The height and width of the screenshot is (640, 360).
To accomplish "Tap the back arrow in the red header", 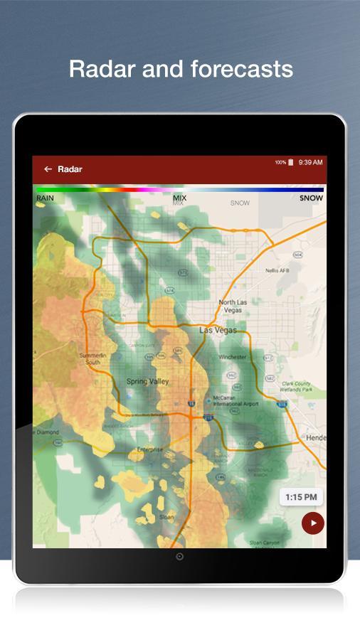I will tap(48, 169).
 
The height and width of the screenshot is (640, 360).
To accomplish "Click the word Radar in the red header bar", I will tap(70, 169).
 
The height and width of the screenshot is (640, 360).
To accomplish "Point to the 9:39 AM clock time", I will tap(311, 162).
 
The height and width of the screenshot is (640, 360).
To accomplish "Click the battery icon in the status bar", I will tap(291, 162).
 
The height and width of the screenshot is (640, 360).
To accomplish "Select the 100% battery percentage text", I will tap(280, 162).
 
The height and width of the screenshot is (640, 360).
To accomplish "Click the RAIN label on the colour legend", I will tap(45, 198).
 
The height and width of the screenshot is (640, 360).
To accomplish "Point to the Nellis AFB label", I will tap(277, 271).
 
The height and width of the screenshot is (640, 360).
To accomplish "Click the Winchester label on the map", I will tap(233, 357).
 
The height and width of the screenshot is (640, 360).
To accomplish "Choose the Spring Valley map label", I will tap(147, 382).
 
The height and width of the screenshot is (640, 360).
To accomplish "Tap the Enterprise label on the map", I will tap(149, 449).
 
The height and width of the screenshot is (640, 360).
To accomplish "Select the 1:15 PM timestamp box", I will tap(301, 497).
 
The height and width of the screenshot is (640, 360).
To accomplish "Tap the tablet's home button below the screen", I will tap(179, 557).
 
